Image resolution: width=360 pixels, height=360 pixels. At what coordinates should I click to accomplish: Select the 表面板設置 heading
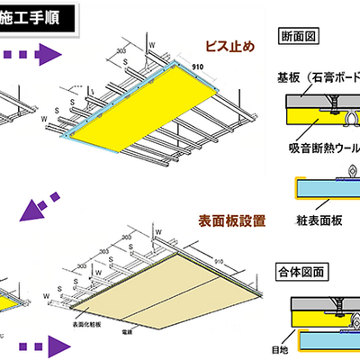(232, 220)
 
